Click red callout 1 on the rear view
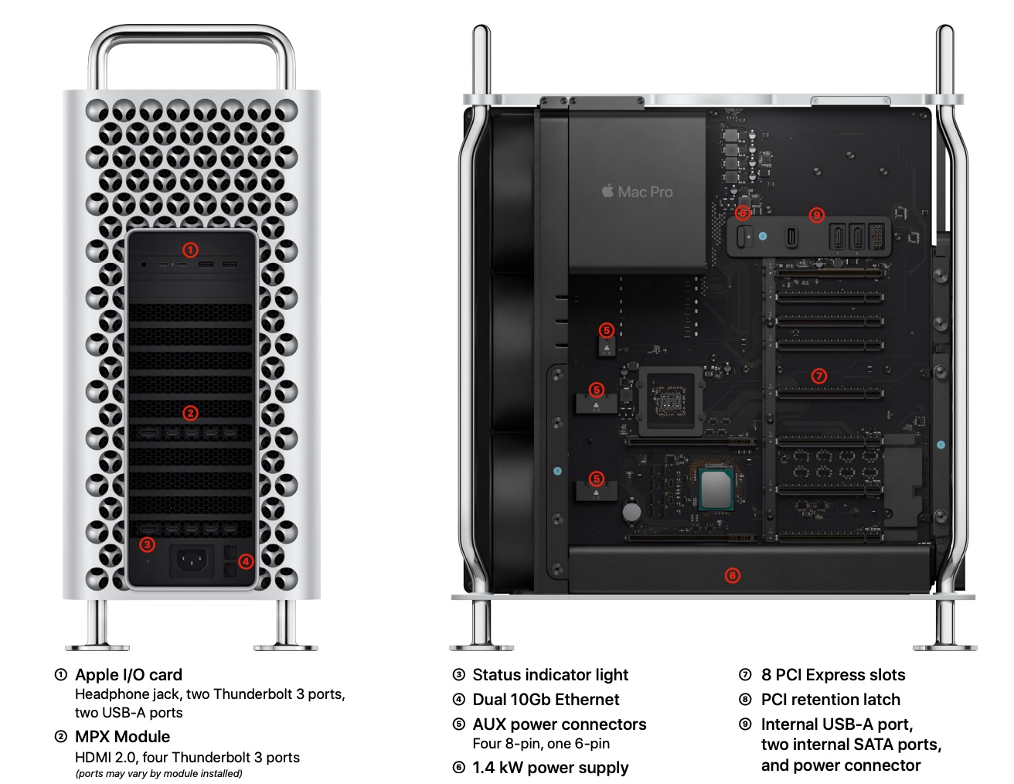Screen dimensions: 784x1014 click(x=190, y=250)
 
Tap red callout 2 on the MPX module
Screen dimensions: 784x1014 click(x=190, y=413)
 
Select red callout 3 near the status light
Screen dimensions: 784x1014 click(x=147, y=544)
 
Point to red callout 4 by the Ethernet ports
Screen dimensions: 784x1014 click(x=245, y=561)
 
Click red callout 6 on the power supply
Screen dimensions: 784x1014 click(x=732, y=575)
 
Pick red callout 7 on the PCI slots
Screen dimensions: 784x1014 click(x=819, y=377)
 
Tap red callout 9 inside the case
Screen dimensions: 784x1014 click(x=816, y=215)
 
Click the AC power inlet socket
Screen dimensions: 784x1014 click(x=192, y=560)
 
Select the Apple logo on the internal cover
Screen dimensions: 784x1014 click(x=607, y=190)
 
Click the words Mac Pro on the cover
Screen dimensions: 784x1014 click(x=645, y=192)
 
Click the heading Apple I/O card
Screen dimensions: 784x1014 click(x=128, y=675)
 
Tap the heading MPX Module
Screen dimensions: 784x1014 click(x=122, y=737)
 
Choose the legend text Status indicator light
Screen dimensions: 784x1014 click(x=550, y=675)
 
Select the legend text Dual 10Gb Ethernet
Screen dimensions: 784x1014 click(x=546, y=700)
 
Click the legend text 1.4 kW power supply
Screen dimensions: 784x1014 click(x=550, y=768)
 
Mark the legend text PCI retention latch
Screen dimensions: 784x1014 click(x=830, y=700)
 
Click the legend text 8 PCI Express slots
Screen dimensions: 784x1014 click(x=833, y=675)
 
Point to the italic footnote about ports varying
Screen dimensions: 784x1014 click(x=158, y=774)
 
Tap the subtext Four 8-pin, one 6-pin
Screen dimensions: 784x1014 click(x=541, y=744)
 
